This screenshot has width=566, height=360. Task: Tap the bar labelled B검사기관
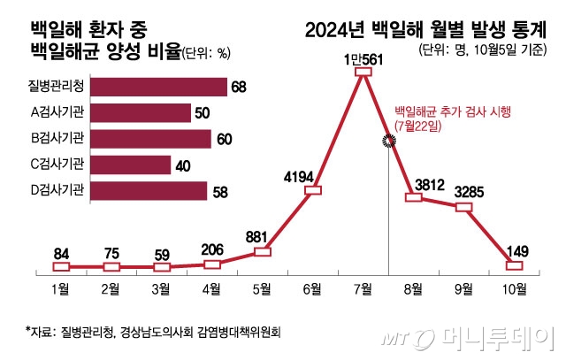click(150, 139)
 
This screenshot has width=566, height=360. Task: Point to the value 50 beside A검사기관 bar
click(202, 113)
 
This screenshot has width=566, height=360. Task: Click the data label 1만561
click(362, 59)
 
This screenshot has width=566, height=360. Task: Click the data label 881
click(262, 236)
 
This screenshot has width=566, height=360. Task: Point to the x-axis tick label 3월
click(161, 289)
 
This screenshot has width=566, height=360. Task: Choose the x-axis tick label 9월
click(463, 289)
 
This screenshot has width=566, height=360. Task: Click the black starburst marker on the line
click(388, 142)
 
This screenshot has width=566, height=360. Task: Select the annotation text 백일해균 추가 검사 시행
click(452, 112)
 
